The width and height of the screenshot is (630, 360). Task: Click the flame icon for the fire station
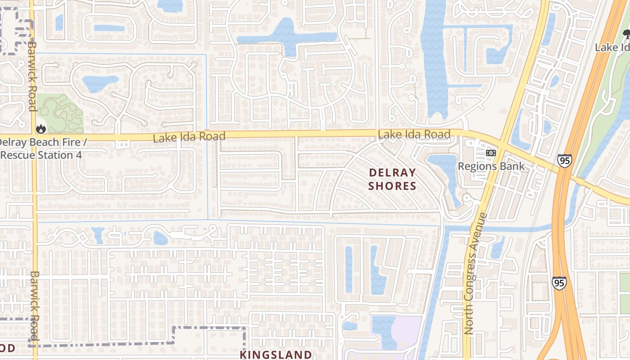(x=41, y=129)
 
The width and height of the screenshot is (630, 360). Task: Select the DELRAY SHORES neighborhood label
(x=392, y=179)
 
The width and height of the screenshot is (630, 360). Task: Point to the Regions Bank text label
(x=491, y=166)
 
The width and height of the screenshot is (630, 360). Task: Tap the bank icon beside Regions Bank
(x=491, y=153)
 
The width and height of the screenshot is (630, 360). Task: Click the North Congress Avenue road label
(x=475, y=273)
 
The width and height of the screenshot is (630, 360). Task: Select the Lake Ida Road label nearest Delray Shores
(x=414, y=134)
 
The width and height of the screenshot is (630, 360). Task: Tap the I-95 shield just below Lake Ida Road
(x=564, y=161)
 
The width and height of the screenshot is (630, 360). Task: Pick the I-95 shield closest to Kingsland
(x=558, y=283)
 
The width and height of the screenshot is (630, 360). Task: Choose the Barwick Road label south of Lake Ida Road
(x=35, y=306)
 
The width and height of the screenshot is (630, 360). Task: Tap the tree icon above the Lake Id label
(x=626, y=34)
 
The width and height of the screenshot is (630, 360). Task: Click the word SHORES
(x=392, y=186)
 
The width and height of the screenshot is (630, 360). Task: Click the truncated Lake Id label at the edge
(x=612, y=47)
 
